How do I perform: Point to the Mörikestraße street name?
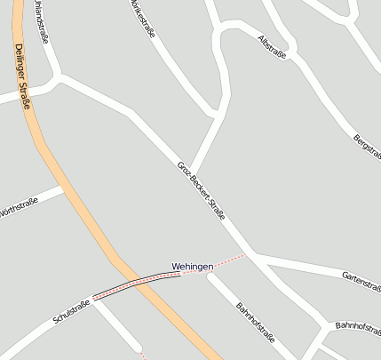click(143, 18)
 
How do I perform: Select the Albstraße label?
click(272, 47)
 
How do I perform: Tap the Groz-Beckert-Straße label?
click(202, 190)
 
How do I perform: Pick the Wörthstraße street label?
click(18, 212)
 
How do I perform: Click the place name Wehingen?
click(192, 267)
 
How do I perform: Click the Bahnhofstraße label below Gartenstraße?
click(357, 326)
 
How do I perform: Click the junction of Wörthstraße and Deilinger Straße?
click(64, 189)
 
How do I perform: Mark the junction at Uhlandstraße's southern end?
click(60, 78)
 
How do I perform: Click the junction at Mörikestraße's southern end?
click(216, 115)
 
